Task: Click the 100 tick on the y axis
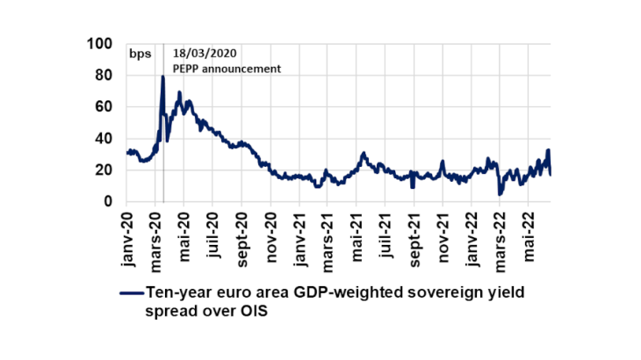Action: click(101, 44)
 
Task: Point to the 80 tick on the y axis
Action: click(104, 76)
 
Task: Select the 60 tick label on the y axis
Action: click(104, 107)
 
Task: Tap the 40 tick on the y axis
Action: click(104, 139)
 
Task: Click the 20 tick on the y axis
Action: click(104, 170)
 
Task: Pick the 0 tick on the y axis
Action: click(109, 202)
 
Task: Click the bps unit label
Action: click(140, 54)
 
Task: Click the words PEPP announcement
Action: click(227, 68)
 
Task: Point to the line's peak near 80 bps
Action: click(162, 77)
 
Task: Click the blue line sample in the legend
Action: click(131, 295)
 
